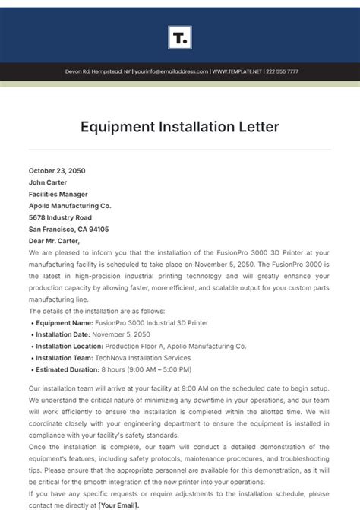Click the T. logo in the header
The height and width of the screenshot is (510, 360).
pos(179,37)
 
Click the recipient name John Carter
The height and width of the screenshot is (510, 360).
pos(48,182)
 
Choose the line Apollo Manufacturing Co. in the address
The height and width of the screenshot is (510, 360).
pos(70,205)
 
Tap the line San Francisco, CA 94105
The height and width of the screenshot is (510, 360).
pos(68,229)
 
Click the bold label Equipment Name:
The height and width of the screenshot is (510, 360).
pos(65,322)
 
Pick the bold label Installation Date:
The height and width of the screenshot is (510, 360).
pos(65,334)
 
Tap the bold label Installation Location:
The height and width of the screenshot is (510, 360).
pos(70,346)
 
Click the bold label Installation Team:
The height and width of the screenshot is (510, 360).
pos(65,357)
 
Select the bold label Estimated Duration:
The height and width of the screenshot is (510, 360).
pos(68,369)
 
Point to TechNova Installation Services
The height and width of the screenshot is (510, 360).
pos(143,357)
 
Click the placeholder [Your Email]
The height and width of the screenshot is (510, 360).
pos(120,505)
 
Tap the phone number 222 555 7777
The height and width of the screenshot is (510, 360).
pos(282,71)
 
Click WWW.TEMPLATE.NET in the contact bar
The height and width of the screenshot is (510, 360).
pos(237,71)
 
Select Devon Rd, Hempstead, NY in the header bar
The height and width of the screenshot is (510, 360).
pos(97,71)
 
